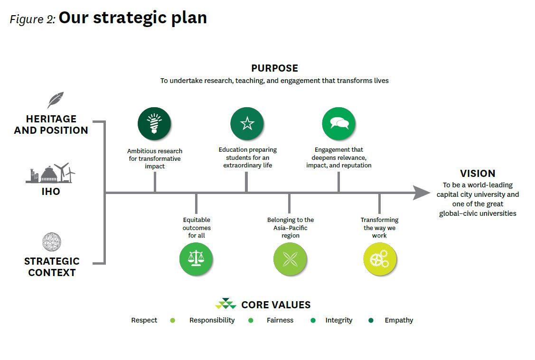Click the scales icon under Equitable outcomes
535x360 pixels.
pyautogui.click(x=196, y=259)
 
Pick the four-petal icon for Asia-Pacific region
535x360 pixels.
pyautogui.click(x=290, y=259)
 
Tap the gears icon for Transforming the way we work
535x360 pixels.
pyautogui.click(x=379, y=259)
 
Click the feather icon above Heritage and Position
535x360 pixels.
pyautogui.click(x=55, y=100)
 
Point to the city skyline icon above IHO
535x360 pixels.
pyautogui.click(x=50, y=174)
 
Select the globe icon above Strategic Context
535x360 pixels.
pyautogui.click(x=51, y=242)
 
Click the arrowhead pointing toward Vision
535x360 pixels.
pyautogui.click(x=421, y=193)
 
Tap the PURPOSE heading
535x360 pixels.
pyautogui.click(x=274, y=68)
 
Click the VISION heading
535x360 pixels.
pyautogui.click(x=477, y=174)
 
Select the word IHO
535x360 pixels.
pyautogui.click(x=51, y=192)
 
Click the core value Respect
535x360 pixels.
pyautogui.click(x=144, y=320)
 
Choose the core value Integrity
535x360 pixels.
pyautogui.click(x=338, y=320)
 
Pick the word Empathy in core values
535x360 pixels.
pyautogui.click(x=399, y=320)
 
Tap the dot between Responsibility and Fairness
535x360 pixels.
pyautogui.click(x=251, y=320)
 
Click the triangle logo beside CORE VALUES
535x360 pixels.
pyautogui.click(x=225, y=304)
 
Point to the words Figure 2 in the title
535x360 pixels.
pyautogui.click(x=33, y=19)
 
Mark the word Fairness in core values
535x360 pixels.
pyautogui.click(x=280, y=320)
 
